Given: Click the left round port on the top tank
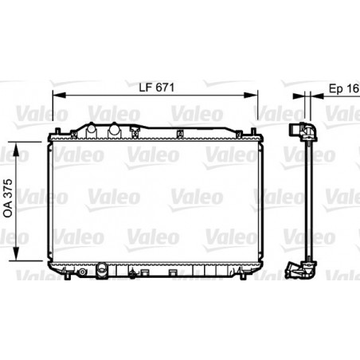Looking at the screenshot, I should tap(93, 127).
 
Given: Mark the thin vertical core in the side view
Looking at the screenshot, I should tap(307, 199).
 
